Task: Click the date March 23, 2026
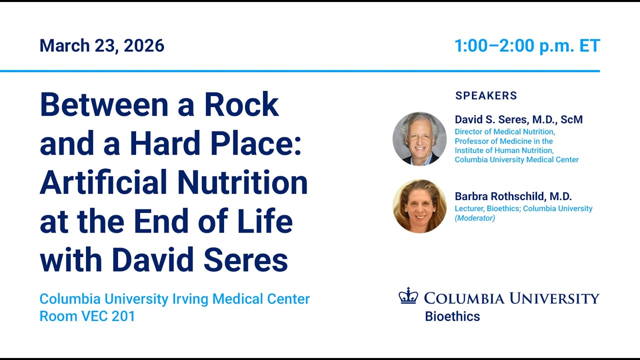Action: point(101,45)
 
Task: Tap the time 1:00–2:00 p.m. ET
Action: point(527,45)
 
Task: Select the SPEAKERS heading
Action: point(486,95)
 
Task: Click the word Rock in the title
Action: point(241,104)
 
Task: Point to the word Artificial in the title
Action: point(103,182)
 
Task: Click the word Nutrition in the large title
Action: point(242,182)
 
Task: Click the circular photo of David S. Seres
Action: point(419,139)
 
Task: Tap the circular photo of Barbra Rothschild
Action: point(419,206)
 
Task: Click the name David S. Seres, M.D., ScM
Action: point(518,119)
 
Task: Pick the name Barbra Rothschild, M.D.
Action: point(513,196)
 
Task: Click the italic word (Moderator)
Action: point(475,218)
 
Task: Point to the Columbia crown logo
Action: point(408,295)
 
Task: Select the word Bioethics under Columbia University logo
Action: point(452,316)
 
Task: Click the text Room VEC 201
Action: point(87,316)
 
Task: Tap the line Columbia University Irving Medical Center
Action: point(174,299)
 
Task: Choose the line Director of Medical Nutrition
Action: point(505,131)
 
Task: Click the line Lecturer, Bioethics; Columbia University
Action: point(523,208)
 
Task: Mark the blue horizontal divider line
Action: point(300,71)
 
